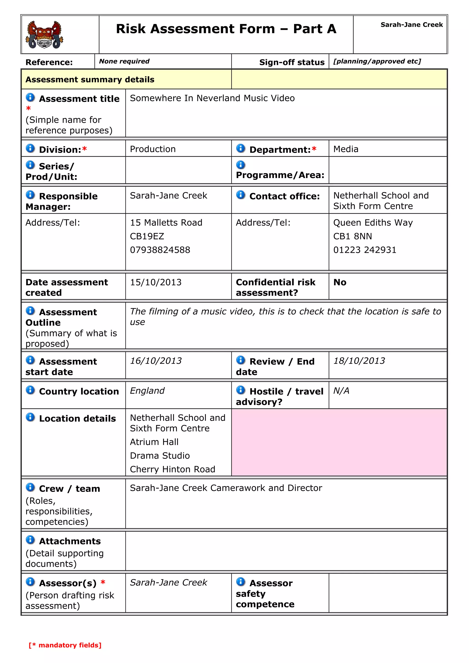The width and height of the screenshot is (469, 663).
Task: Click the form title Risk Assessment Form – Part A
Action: tap(226, 29)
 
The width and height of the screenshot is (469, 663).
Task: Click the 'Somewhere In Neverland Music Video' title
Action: tap(212, 98)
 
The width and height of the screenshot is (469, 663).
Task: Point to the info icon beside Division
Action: tap(30, 148)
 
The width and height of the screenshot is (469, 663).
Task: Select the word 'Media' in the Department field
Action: tap(346, 149)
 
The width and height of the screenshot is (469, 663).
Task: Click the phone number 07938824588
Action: tap(160, 250)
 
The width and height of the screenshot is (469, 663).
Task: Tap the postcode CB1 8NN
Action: tap(352, 236)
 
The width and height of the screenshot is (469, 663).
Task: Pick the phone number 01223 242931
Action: tap(364, 250)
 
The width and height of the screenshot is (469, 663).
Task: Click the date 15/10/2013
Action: tap(155, 282)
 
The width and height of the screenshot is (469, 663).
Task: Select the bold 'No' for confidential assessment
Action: tap(340, 282)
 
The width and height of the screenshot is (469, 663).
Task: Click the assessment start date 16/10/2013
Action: tap(155, 361)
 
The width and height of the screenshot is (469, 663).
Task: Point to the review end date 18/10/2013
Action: tap(359, 361)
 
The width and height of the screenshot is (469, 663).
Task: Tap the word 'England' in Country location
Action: tap(147, 391)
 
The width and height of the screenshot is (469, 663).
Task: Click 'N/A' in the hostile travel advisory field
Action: tap(341, 391)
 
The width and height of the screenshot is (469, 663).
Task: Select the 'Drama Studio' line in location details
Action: tap(160, 456)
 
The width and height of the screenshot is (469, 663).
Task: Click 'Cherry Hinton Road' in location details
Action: tap(172, 469)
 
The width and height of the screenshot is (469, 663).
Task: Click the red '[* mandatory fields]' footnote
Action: tap(65, 645)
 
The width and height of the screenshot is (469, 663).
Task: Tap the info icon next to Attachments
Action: tap(30, 540)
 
